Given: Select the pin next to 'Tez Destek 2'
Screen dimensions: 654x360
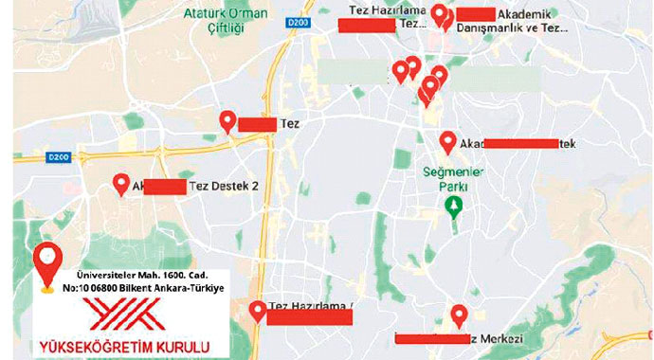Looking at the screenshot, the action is (121, 184).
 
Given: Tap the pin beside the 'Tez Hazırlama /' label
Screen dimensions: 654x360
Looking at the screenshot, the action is (257, 312).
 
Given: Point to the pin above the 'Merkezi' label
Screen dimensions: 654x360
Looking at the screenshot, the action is (460, 315).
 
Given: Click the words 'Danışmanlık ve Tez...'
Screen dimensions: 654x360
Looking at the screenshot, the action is (513, 28).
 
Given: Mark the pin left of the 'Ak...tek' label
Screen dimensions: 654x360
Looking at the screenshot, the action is (448, 142).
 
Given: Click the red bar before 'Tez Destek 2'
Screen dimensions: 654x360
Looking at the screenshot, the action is (165, 187).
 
